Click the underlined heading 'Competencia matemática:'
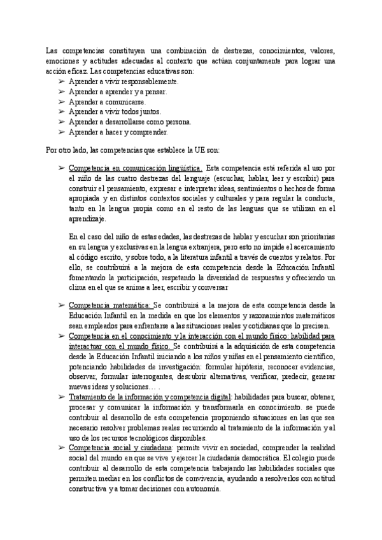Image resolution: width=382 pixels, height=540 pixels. pyautogui.click(x=110, y=306)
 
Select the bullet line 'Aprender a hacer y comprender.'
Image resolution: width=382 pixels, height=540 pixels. pyautogui.click(x=118, y=132)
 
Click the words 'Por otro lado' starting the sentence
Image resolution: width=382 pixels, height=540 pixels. pyautogui.click(x=67, y=150)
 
